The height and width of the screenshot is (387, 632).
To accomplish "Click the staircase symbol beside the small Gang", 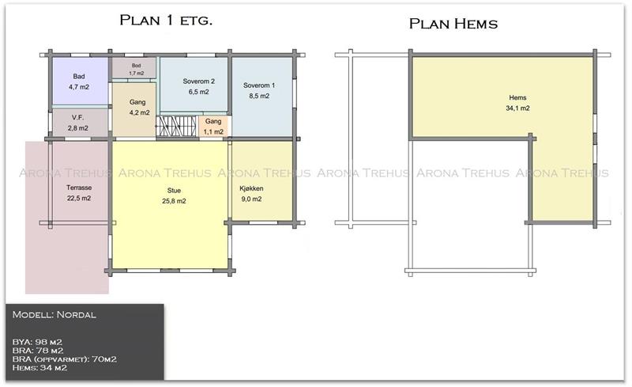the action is pyautogui.click(x=176, y=127).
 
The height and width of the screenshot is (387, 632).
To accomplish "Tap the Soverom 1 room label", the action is pyautogui.click(x=259, y=85).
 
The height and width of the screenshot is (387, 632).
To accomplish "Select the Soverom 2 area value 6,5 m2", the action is pyautogui.click(x=199, y=92).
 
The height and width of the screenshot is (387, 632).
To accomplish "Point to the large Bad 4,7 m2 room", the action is pyautogui.click(x=81, y=82).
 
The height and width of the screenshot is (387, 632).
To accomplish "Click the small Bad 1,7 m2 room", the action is pyautogui.click(x=134, y=67).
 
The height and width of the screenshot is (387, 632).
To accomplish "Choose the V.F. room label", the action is pyautogui.click(x=77, y=117).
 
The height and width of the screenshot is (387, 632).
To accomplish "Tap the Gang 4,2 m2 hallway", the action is pyautogui.click(x=134, y=110).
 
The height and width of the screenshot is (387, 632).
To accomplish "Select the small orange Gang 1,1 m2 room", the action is pyautogui.click(x=213, y=127).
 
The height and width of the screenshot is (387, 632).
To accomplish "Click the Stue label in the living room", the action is pyautogui.click(x=174, y=190).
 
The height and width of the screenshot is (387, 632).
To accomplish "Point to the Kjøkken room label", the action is pyautogui.click(x=251, y=188).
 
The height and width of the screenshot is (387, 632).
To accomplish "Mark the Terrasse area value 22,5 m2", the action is pyautogui.click(x=79, y=198).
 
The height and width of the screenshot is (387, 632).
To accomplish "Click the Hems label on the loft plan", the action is pyautogui.click(x=517, y=97).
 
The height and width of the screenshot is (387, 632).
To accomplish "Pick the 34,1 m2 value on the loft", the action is pyautogui.click(x=517, y=108).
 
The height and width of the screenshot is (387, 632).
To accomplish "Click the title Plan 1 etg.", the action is pyautogui.click(x=166, y=20).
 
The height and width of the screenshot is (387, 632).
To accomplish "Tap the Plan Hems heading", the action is pyautogui.click(x=453, y=24).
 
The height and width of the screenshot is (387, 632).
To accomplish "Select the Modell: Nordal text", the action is pyautogui.click(x=54, y=315).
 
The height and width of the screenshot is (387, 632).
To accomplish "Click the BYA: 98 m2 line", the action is pyautogui.click(x=37, y=342).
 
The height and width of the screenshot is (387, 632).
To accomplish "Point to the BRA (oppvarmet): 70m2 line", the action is pyautogui.click(x=65, y=359).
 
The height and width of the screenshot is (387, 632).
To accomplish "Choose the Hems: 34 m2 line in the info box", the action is pyautogui.click(x=39, y=367).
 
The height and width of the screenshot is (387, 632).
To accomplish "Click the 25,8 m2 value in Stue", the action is pyautogui.click(x=174, y=201).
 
